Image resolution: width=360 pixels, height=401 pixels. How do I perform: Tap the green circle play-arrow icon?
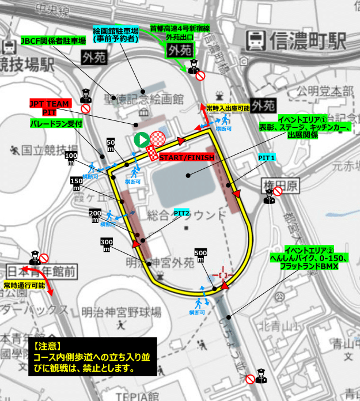141,139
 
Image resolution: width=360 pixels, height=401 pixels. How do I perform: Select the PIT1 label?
266,157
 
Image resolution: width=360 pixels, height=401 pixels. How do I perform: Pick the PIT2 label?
182,213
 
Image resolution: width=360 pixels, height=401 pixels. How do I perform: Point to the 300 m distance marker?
107,244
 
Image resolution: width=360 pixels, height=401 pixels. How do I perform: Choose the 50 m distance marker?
111,145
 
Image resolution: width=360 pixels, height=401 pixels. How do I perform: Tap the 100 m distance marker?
71,159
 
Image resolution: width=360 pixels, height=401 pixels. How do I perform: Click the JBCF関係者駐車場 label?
54,41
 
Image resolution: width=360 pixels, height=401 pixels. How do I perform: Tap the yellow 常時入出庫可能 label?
229,108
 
